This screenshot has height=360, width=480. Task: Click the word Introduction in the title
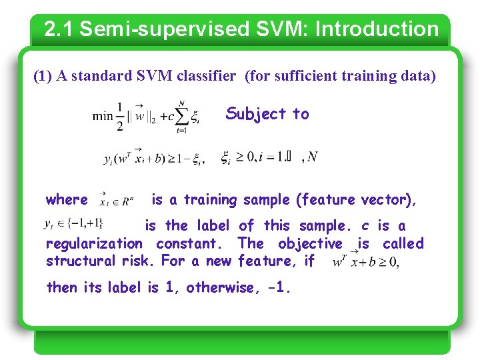(377, 29)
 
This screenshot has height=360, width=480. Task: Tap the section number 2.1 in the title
(59, 29)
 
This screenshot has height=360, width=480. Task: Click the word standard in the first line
(102, 76)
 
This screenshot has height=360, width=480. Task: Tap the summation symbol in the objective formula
(179, 116)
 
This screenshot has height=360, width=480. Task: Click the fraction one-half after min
(120, 116)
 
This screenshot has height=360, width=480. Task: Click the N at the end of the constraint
(313, 157)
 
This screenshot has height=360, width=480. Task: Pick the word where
(67, 199)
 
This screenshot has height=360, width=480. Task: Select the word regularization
(94, 244)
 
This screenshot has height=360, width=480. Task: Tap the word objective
(310, 244)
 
